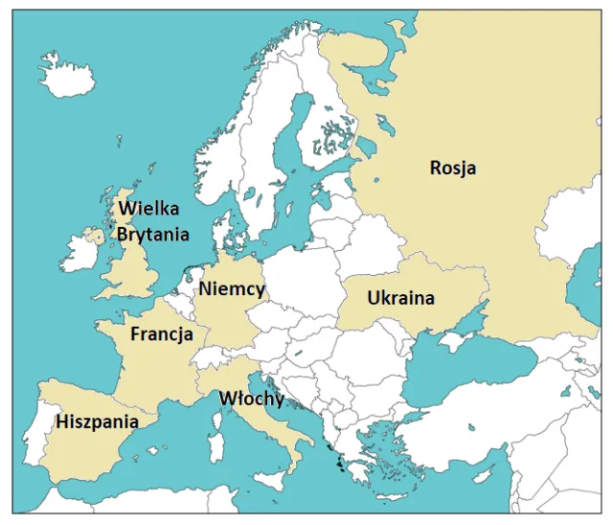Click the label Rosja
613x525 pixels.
[x=453, y=169]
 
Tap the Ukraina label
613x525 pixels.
[x=400, y=298]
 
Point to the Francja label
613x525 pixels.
[x=162, y=335]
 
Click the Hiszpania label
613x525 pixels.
[x=97, y=422]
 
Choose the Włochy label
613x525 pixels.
[x=252, y=399]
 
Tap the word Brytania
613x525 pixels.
[x=152, y=233]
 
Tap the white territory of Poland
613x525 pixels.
[x=302, y=287]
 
